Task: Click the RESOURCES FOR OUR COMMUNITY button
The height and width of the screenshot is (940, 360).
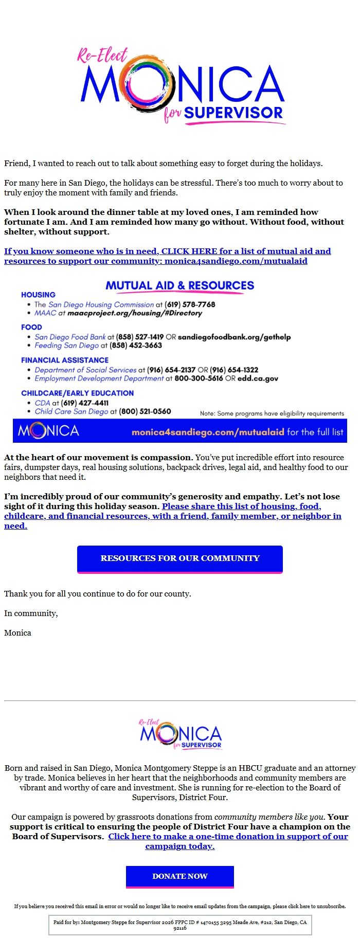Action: pos(180,558)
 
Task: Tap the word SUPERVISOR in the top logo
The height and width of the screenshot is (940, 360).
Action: pos(233,113)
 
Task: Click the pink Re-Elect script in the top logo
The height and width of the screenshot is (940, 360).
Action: pos(102,55)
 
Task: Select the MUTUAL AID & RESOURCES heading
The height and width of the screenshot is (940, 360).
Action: pos(179,285)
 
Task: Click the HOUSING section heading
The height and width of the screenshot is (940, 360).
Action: pos(38,295)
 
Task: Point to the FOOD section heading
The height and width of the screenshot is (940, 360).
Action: pos(31,327)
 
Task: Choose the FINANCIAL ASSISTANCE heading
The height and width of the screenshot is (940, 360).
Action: pos(65,360)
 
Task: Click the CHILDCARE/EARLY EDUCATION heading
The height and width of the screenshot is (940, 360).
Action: pos(77,393)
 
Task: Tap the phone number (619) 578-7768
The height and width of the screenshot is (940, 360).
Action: pos(190,304)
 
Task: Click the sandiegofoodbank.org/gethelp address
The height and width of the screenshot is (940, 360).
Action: pos(234,337)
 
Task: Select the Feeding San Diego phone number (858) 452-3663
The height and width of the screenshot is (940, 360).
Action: pos(136,346)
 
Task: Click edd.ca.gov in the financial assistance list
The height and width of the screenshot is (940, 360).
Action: pos(258,378)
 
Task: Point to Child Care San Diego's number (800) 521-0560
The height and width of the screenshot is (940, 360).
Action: pos(145,411)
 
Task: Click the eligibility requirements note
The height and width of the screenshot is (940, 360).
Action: pos(272,413)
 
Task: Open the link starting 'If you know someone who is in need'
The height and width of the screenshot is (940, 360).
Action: pos(167,256)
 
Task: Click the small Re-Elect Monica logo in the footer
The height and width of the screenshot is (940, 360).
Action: pos(180,734)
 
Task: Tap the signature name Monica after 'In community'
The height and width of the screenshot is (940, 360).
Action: pos(17,633)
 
